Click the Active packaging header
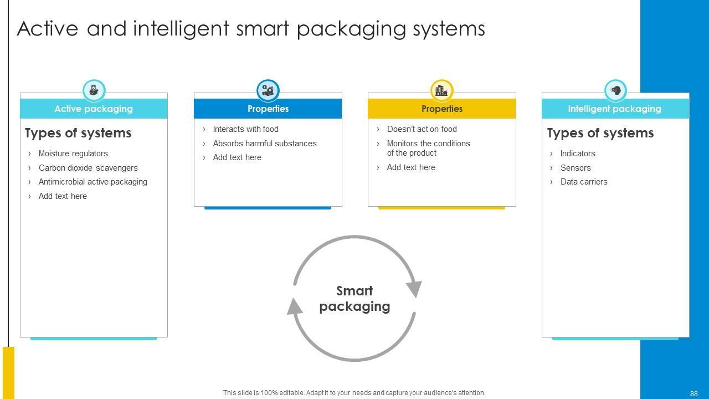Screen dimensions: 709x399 [x=94, y=109]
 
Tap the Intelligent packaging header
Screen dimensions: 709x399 [x=614, y=109]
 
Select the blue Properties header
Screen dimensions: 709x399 [x=268, y=109]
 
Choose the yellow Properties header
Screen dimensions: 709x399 [x=441, y=109]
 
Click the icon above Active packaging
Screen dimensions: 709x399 [x=94, y=90]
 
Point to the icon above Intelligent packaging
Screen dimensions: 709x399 [x=615, y=90]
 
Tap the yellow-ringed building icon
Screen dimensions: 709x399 [x=441, y=90]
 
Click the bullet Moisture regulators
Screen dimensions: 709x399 [x=73, y=154]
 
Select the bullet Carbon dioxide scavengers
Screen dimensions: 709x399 [x=88, y=168]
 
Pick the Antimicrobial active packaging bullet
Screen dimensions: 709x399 [x=93, y=182]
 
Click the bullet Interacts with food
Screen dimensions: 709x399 [x=245, y=129]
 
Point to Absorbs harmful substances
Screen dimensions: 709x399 [x=265, y=144]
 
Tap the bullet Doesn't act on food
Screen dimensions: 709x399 [x=422, y=129]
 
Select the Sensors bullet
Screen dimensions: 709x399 [x=576, y=168]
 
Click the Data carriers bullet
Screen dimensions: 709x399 [x=584, y=182]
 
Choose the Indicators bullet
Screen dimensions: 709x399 [x=578, y=154]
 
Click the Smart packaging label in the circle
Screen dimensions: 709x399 [x=354, y=299]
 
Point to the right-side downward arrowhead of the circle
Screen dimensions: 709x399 [x=414, y=288]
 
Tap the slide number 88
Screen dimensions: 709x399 [x=693, y=393]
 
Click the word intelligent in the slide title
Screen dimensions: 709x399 [x=181, y=29]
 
